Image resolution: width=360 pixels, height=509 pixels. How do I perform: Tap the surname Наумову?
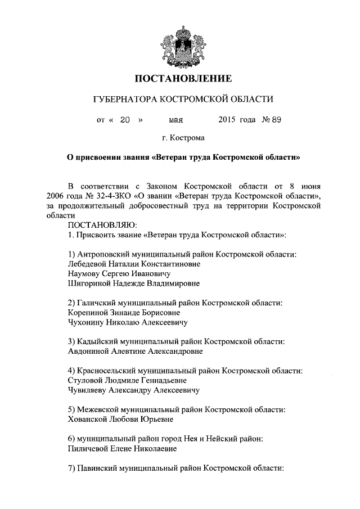tap(83, 273)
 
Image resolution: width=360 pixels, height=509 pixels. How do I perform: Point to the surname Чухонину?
tap(85, 322)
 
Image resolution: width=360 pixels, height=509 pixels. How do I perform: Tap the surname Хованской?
tap(89, 419)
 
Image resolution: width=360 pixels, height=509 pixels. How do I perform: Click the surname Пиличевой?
tap(88, 448)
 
